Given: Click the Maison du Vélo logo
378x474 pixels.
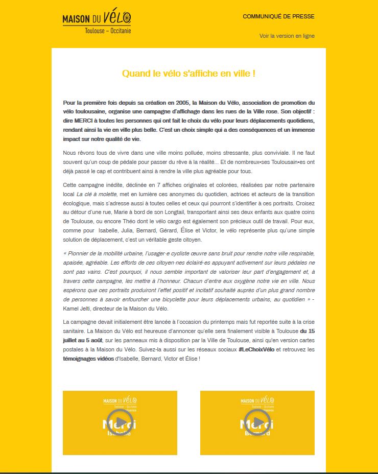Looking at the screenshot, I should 96,19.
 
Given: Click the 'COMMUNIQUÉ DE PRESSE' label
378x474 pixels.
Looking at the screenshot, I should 278,16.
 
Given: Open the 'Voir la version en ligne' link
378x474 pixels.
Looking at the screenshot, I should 287,36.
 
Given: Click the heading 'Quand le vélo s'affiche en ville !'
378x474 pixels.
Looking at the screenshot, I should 188,74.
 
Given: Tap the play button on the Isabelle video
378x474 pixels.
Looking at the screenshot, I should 120,422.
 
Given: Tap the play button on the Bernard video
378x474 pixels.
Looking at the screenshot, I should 257,422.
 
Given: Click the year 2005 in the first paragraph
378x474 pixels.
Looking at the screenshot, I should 181,103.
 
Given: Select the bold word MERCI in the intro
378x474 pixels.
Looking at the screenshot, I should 82,121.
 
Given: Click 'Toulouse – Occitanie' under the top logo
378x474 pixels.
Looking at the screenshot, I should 108,31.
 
